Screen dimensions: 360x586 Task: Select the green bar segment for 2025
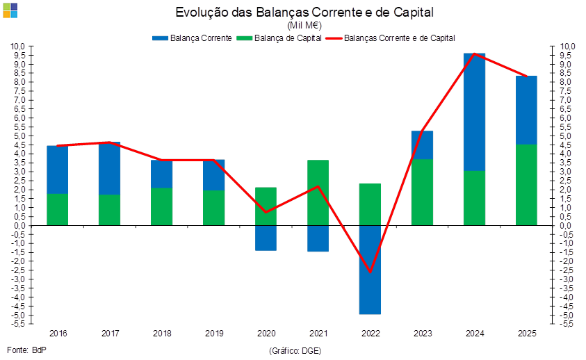[527, 185]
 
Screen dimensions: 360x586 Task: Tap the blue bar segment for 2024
[475, 111]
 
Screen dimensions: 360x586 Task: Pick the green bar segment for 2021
[318, 193]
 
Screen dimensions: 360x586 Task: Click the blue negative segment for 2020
[266, 238]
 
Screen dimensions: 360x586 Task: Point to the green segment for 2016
[57, 209]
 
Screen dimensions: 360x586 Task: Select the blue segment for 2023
[422, 145]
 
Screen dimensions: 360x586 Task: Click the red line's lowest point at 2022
[370, 272]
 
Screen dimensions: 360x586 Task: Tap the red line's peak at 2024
[474, 54]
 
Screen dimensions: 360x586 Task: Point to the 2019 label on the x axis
[214, 334]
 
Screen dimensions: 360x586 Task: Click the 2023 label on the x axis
[422, 334]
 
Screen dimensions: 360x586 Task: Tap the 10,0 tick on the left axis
[18, 47]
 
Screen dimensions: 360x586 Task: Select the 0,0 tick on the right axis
[565, 225]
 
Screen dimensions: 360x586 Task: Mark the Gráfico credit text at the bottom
[295, 350]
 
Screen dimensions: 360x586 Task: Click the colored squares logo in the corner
[10, 10]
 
